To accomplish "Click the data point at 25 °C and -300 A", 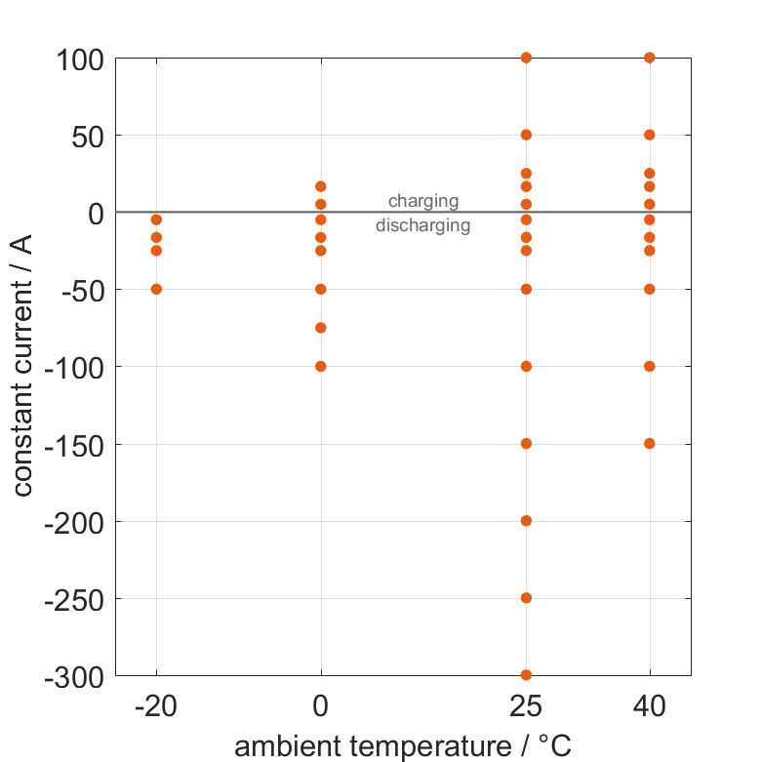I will point(526,674).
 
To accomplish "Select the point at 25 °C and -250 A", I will point(526,597).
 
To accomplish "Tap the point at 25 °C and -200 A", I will point(526,520).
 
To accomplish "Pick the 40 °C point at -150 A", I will point(650,443).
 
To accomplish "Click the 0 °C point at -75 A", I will point(321,328).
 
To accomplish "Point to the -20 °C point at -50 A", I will point(156,289).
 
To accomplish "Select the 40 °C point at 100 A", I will point(650,58).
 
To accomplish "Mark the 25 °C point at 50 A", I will point(526,135).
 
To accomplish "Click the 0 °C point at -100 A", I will point(321,366).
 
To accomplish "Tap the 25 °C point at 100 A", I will point(526,58).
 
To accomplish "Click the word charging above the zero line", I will point(423,201).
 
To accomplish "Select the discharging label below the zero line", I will point(423,225).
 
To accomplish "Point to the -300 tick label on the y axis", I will point(74,676).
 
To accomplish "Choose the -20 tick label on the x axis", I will point(156,705).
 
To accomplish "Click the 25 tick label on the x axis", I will point(526,705).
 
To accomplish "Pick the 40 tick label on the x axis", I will point(650,705).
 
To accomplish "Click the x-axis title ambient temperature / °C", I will point(403,746).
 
